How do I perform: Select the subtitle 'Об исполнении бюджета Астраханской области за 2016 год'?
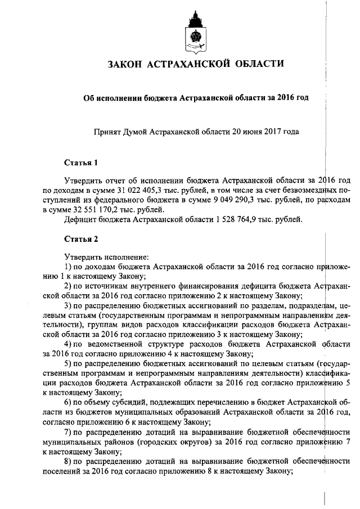[196, 97]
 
